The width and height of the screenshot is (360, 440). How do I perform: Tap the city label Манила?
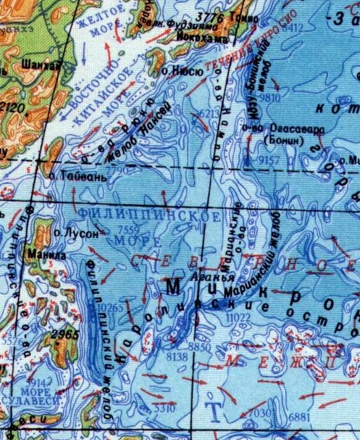click(x=41, y=253)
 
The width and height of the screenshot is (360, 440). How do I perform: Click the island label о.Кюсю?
click(x=183, y=72)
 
